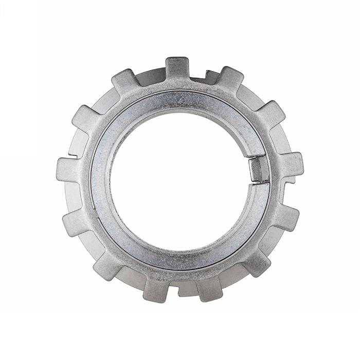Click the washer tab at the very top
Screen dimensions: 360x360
coord(177,67)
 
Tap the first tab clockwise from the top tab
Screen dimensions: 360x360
coord(230,78)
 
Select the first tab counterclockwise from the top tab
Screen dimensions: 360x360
coord(125,81)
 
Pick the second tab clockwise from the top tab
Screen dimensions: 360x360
coord(271,113)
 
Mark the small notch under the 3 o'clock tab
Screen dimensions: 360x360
coord(289,181)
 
